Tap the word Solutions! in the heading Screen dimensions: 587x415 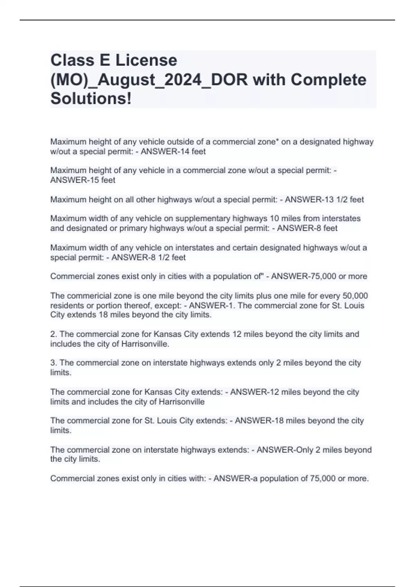coord(91,99)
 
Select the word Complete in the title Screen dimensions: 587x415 coord(328,80)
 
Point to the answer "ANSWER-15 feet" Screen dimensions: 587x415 coord(83,180)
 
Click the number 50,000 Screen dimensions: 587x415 coord(355,296)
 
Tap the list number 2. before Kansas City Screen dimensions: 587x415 coord(54,334)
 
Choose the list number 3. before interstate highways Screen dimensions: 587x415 coord(54,363)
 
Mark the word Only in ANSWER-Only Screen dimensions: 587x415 coord(303,450)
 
